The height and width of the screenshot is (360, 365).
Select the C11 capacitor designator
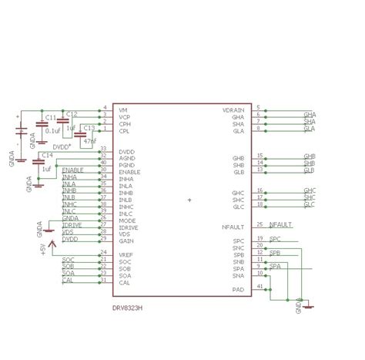pos(49,118)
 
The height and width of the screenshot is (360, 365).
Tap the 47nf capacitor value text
pos(89,142)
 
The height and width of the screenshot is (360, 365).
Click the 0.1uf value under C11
pos(55,130)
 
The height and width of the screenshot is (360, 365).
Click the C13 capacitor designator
pos(89,128)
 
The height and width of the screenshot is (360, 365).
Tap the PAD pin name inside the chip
pos(239,289)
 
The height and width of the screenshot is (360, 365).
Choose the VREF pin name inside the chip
pos(126,254)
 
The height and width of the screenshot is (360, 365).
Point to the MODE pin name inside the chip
pos(127,220)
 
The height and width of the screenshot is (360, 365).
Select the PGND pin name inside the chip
pos(127,164)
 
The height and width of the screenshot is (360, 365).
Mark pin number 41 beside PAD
pos(260,286)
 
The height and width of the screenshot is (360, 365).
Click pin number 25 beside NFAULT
pos(260,224)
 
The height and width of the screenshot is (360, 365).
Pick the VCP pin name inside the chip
pos(125,116)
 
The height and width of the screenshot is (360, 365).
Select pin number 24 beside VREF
pos(103,251)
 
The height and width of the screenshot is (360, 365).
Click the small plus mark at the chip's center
pos(189,200)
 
